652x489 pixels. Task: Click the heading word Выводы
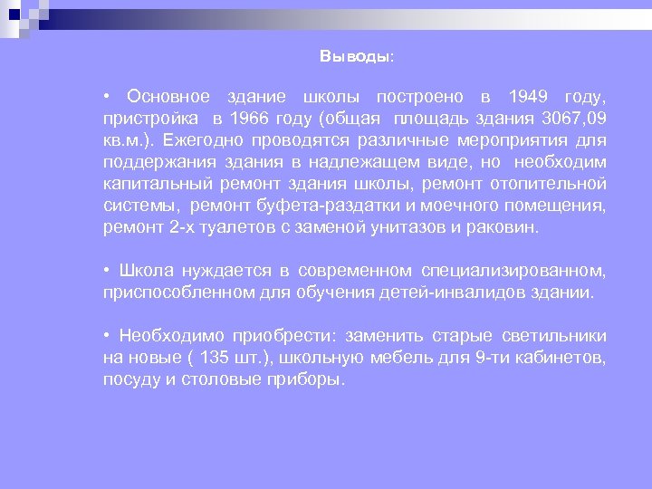point(355,56)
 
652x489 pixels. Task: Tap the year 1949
point(527,97)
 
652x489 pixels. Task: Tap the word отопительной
point(554,184)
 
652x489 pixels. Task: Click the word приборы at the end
point(308,379)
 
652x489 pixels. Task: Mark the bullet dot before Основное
point(107,97)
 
